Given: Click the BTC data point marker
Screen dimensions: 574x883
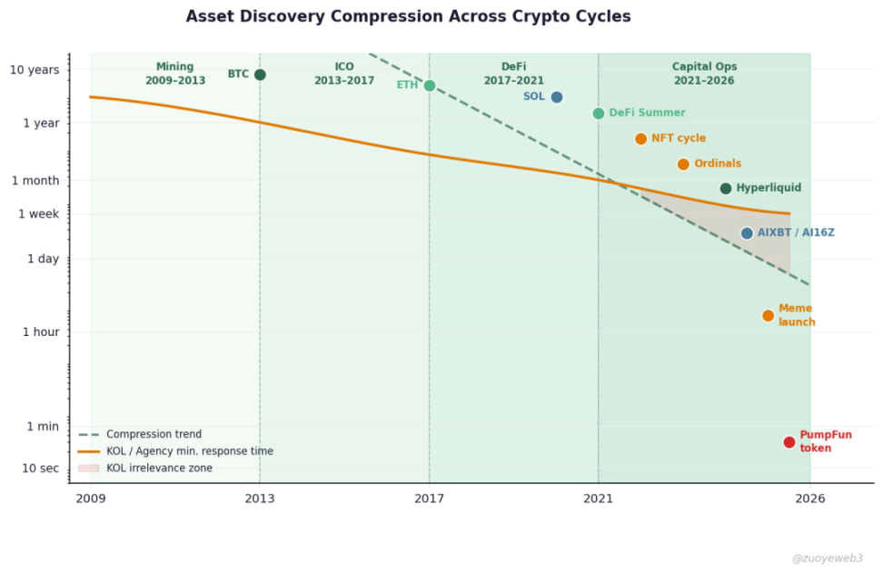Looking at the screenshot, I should click(x=260, y=74).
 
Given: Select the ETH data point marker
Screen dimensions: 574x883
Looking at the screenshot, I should click(x=430, y=85).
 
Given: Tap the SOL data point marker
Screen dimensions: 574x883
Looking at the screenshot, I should click(x=557, y=97).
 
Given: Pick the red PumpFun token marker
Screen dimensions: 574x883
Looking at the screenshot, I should click(x=789, y=442).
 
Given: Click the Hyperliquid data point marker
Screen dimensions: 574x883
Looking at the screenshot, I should click(x=726, y=188).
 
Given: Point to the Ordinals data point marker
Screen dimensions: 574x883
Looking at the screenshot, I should click(x=683, y=164).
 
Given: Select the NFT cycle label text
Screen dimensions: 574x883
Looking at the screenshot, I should click(x=679, y=139).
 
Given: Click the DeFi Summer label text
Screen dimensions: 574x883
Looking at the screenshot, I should click(x=647, y=114).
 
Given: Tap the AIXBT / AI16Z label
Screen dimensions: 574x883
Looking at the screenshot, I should click(x=796, y=233).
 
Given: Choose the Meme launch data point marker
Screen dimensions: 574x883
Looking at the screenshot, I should click(x=769, y=316).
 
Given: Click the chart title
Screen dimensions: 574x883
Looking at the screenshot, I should click(x=408, y=16).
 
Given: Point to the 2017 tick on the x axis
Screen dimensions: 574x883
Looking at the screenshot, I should click(x=430, y=498).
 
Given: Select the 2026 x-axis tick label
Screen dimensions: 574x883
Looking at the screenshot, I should click(x=810, y=498).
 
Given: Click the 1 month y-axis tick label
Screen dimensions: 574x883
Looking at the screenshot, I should click(x=35, y=181).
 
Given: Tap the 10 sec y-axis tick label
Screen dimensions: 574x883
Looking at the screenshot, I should click(x=40, y=468).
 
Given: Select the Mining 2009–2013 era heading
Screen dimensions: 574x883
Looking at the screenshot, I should click(x=175, y=74).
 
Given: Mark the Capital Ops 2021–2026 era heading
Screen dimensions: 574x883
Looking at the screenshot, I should click(x=704, y=74).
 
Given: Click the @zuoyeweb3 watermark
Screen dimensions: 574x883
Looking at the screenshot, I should click(x=827, y=559).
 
